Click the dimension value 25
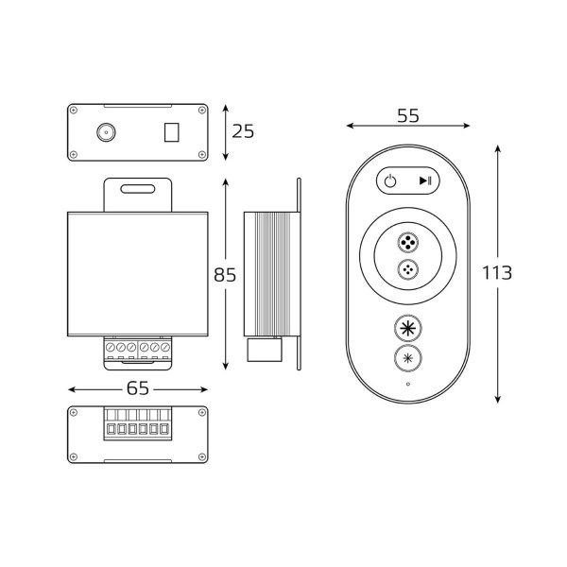[x=243, y=131]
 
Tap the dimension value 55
[x=407, y=116]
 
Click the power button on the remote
[x=390, y=181]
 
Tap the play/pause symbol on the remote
[x=425, y=181]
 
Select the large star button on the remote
[x=407, y=329]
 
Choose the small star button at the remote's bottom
[x=407, y=359]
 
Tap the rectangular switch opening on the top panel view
[x=171, y=131]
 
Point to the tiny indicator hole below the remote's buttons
[x=407, y=385]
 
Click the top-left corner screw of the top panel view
[x=75, y=111]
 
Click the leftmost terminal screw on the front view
[x=111, y=350]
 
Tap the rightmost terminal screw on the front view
[x=165, y=350]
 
